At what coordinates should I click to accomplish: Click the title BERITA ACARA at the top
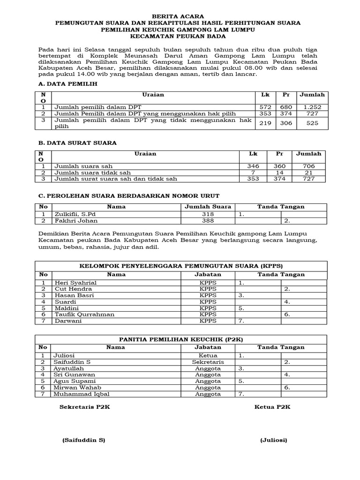[x=180, y=16]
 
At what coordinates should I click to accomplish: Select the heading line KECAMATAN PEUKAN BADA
[x=180, y=36]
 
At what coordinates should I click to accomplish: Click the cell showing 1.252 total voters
[x=312, y=107]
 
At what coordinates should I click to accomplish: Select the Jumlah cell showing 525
[x=312, y=123]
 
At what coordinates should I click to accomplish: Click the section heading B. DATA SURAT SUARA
[x=76, y=142]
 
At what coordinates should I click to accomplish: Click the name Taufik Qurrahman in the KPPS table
[x=84, y=315]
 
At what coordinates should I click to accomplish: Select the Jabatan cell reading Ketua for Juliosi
[x=208, y=355]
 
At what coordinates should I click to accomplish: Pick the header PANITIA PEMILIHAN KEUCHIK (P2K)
[x=180, y=338]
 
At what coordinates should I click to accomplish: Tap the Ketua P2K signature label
[x=272, y=407]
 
